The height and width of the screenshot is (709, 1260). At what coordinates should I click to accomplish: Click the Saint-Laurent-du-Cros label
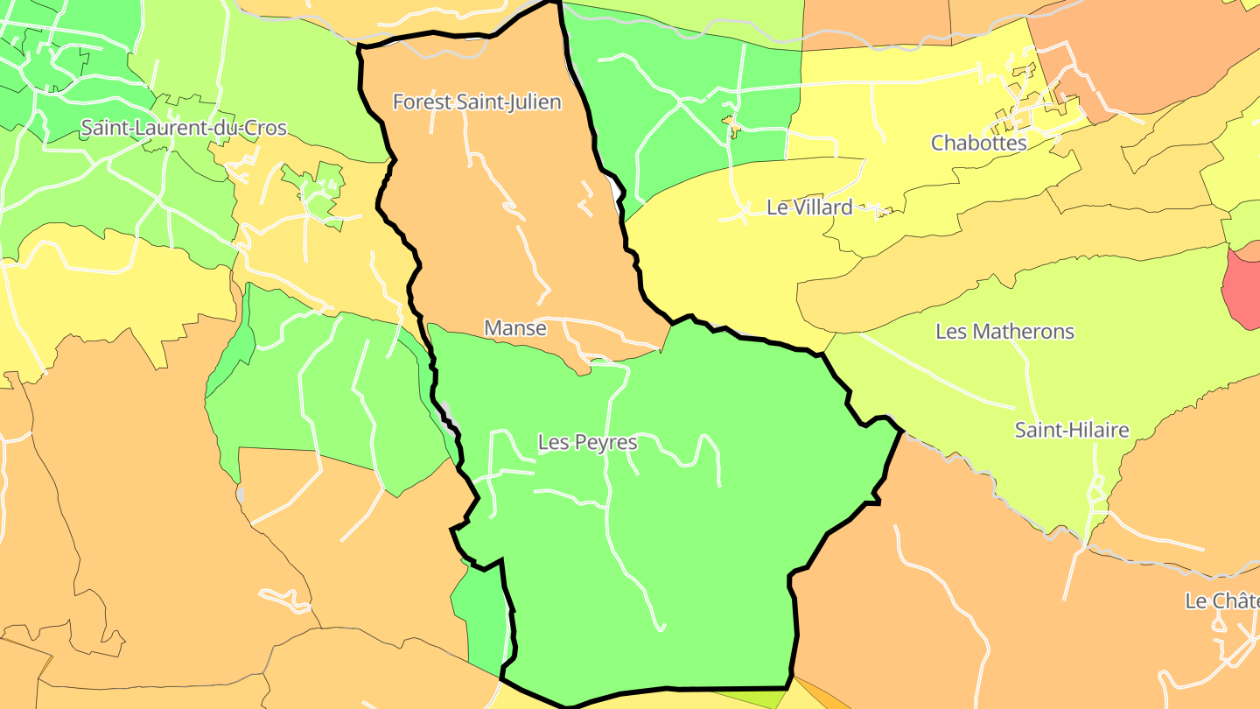tap(184, 128)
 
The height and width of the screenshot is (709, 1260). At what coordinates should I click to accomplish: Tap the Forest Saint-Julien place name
tap(477, 102)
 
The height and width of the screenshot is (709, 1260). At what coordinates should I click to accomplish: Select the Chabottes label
tap(978, 143)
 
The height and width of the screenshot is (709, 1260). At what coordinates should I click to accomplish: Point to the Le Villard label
tap(809, 207)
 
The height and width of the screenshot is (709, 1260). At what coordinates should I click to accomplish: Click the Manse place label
tap(515, 328)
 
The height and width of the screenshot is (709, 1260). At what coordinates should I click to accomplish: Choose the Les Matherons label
tap(1004, 332)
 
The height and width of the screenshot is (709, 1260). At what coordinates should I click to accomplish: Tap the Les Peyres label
tap(587, 443)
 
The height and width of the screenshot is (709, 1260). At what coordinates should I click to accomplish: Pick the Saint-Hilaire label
tap(1072, 431)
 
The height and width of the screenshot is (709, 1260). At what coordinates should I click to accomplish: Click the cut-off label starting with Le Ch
tap(1221, 601)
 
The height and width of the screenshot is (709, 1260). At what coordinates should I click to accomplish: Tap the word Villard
tap(823, 207)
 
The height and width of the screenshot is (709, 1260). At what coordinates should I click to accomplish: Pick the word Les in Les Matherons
tap(951, 332)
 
